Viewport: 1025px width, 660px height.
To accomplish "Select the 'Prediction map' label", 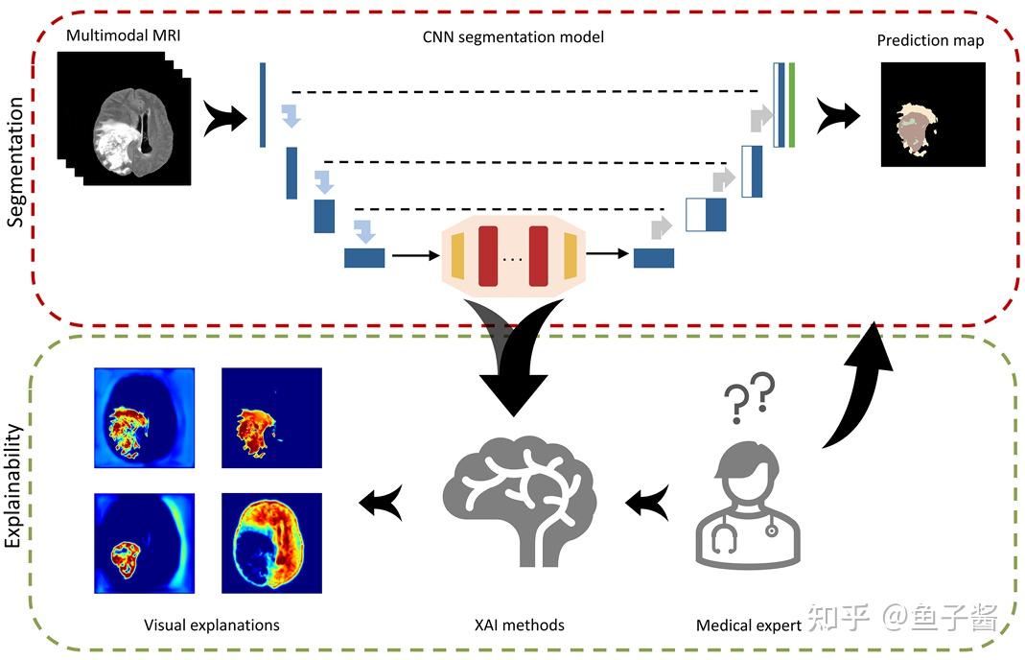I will pos(930,41).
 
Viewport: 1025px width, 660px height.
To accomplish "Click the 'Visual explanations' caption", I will pos(212,625).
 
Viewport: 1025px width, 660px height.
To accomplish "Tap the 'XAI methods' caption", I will pos(520,625).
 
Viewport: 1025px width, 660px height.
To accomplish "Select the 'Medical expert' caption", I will pos(749,625).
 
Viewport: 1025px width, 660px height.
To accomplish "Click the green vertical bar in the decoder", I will pos(792,104).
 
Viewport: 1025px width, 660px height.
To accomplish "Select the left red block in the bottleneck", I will pos(488,255).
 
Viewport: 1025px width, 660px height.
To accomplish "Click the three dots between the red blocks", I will pos(514,257).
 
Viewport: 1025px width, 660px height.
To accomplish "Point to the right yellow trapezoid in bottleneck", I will pos(571,255).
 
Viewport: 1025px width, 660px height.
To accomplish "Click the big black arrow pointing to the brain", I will pos(514,355).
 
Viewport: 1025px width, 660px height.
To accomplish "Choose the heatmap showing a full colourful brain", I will pos(271,544).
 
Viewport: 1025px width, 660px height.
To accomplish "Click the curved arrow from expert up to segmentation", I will pos(860,393).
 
